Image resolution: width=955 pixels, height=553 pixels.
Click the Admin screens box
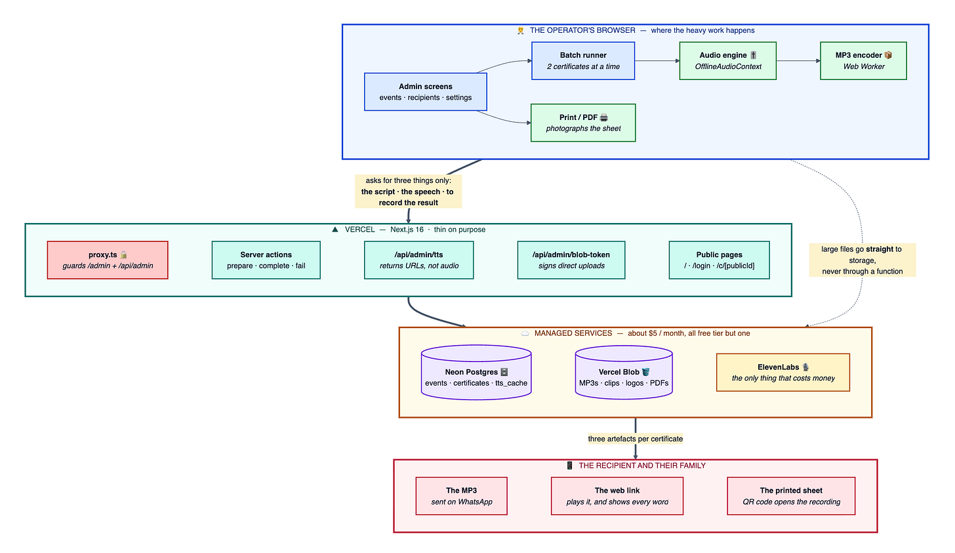coord(426,92)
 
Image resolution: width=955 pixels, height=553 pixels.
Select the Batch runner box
coord(583,60)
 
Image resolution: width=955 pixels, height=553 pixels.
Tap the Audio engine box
coord(728,60)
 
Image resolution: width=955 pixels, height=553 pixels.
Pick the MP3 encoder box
coord(863,60)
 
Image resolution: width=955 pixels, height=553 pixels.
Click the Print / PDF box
coord(583,123)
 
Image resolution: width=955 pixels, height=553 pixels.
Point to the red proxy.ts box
coord(108,260)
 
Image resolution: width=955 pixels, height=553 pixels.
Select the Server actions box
coord(266,260)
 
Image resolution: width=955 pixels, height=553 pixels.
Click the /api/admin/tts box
coord(418,260)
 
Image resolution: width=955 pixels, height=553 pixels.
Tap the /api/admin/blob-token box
coord(571,260)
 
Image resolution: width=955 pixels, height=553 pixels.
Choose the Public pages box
coord(720,260)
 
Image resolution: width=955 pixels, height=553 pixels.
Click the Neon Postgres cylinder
coord(476,372)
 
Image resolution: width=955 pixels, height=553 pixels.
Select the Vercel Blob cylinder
coord(624,372)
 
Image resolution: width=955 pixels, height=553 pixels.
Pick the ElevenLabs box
coord(782,372)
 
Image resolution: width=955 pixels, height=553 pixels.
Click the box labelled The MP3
coord(461,496)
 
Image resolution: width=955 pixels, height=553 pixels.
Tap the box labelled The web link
coord(617,496)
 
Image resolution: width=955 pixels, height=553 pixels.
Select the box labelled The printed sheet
coord(791,496)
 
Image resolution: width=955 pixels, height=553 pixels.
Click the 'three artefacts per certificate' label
coord(635,439)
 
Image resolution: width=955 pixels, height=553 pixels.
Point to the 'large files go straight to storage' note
coord(862,260)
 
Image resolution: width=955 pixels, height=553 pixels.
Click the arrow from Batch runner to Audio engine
coord(657,60)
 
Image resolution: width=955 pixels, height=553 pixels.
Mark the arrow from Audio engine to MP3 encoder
coord(798,60)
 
